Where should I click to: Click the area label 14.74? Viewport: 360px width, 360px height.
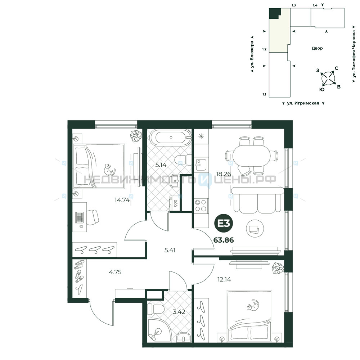[122, 200]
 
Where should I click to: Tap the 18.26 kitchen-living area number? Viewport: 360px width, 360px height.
[224, 174]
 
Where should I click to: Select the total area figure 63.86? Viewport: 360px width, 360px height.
[224, 240]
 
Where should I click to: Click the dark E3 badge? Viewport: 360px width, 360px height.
[224, 224]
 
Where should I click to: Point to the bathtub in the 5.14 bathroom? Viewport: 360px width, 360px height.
[171, 138]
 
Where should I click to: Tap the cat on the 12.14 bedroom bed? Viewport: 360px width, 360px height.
[253, 306]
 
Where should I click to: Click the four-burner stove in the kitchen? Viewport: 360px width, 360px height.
[201, 206]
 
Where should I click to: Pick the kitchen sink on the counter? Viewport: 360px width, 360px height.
[200, 165]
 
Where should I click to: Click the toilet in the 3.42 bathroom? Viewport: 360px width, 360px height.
[155, 309]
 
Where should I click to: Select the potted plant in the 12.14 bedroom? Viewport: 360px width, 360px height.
[278, 267]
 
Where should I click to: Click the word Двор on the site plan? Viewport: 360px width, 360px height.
[317, 48]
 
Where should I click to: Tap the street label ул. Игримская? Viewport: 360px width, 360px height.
[303, 103]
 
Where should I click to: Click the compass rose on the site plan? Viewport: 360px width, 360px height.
[328, 78]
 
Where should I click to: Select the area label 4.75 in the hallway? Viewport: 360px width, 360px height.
[115, 272]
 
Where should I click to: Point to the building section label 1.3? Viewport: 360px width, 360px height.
[293, 5]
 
